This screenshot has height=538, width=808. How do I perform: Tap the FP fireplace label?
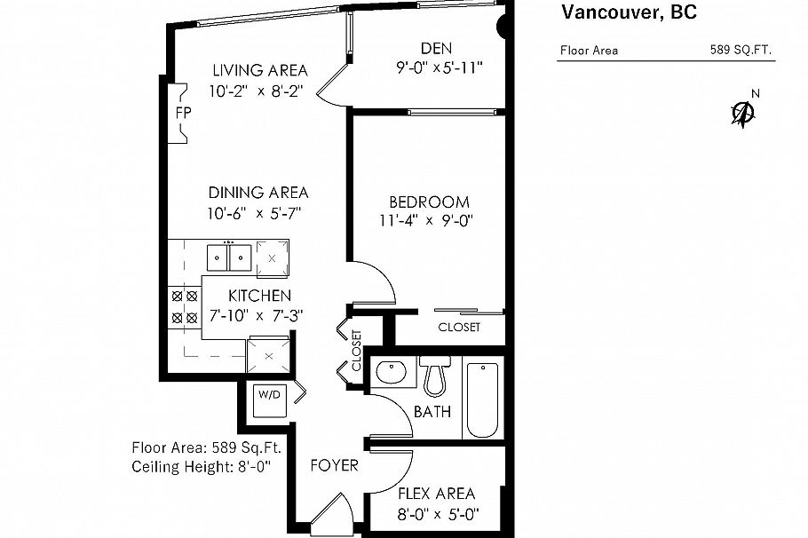tap(182, 113)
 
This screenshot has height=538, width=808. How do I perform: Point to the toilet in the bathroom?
tap(435, 377)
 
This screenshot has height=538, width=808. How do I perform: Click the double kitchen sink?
tap(229, 257)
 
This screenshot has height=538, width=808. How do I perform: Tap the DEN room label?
tap(439, 48)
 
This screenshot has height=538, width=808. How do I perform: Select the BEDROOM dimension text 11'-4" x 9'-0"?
tap(425, 222)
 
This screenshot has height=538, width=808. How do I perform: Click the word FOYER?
tap(334, 465)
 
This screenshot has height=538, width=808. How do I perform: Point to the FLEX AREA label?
tap(436, 494)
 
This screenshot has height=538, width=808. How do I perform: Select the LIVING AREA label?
tap(259, 70)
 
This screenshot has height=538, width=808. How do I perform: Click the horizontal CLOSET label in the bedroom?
tap(459, 327)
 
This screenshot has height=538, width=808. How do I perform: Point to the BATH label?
tap(432, 412)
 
